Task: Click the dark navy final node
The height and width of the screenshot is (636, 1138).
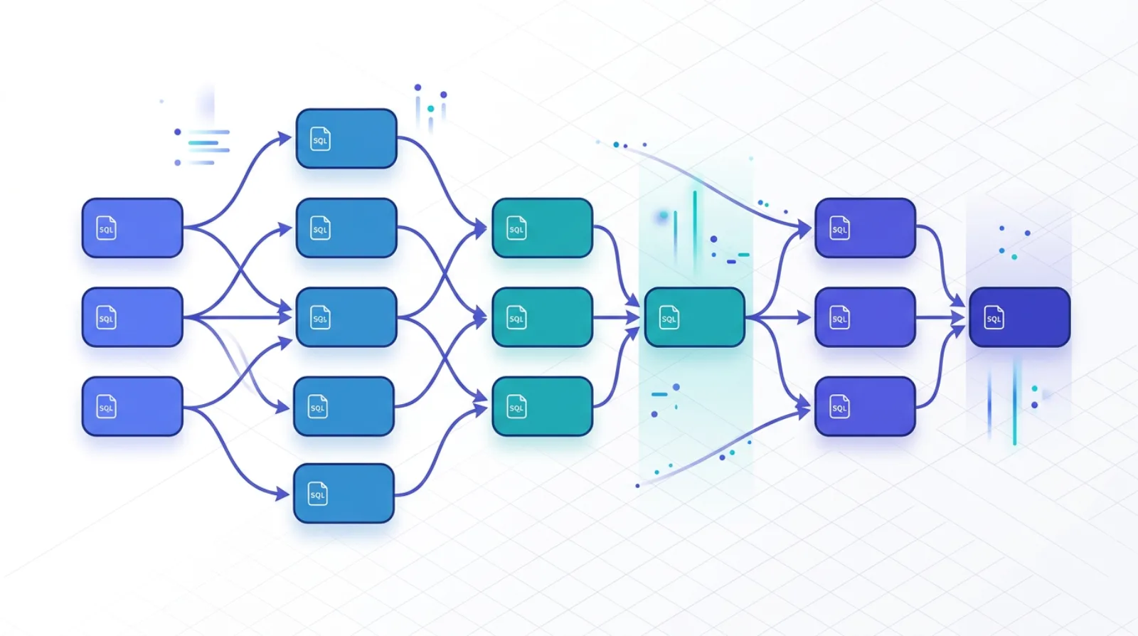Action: tap(1019, 317)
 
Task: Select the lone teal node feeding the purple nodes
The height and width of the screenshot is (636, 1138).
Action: tap(694, 317)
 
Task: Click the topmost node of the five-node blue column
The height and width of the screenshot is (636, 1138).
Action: tap(346, 139)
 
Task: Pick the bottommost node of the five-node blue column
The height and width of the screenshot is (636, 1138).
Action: tap(344, 493)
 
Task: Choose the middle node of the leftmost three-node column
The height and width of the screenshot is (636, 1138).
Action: tap(132, 317)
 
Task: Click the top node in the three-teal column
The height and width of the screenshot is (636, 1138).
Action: tap(542, 228)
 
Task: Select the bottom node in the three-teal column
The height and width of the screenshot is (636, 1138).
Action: tap(542, 406)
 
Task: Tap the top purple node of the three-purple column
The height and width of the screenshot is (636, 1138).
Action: tap(865, 228)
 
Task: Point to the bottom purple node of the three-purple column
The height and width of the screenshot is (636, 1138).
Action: tap(865, 406)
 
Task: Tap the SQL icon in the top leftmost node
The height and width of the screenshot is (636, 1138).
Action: tap(106, 228)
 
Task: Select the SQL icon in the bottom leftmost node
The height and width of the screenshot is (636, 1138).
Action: tap(106, 407)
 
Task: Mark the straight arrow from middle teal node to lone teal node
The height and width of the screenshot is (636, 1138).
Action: tap(616, 317)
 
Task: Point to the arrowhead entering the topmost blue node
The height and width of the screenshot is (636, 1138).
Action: tap(285, 138)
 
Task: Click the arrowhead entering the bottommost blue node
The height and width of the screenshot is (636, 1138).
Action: tap(283, 493)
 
